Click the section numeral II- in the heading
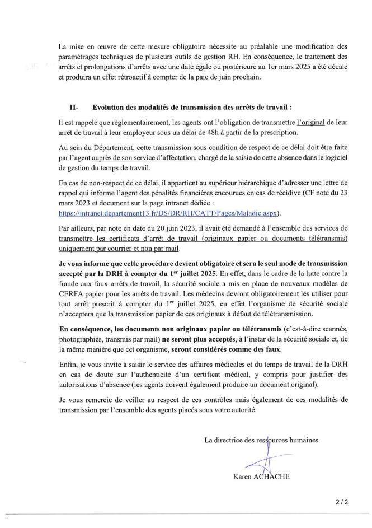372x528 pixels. pyautogui.click(x=74, y=106)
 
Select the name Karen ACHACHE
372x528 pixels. pyautogui.click(x=261, y=477)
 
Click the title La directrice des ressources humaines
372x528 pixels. pyautogui.click(x=261, y=440)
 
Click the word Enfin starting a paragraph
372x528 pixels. pyautogui.click(x=68, y=365)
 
